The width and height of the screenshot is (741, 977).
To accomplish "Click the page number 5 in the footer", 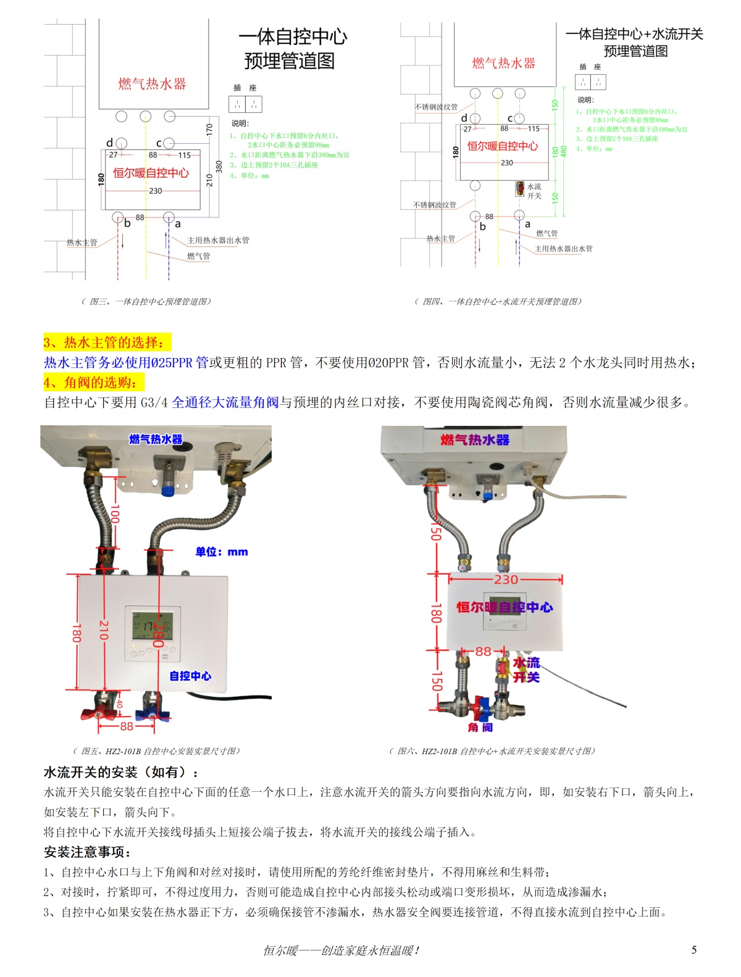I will click(x=694, y=950).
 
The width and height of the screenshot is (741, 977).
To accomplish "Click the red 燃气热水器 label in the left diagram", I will click(x=152, y=84).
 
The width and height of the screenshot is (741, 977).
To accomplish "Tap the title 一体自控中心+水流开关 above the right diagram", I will click(x=634, y=34).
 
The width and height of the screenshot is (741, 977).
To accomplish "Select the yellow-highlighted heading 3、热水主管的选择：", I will click(x=104, y=343).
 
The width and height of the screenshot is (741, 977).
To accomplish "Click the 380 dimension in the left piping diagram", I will click(x=219, y=167).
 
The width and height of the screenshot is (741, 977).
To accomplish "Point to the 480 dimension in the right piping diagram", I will click(x=563, y=151).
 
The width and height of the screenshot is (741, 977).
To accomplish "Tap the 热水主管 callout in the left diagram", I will click(x=82, y=243).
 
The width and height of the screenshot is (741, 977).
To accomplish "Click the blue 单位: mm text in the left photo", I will click(x=222, y=552).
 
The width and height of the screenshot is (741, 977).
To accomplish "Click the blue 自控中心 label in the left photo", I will click(x=190, y=676).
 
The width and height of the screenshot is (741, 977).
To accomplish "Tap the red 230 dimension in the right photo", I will click(x=506, y=580).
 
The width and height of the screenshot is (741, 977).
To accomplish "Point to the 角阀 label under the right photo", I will click(x=480, y=728).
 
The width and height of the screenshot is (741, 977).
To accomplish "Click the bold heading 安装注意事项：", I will click(x=87, y=852).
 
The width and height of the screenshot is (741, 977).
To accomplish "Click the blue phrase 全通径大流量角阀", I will click(x=225, y=402).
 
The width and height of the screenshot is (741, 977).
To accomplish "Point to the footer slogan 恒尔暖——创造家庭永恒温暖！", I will click(x=341, y=950).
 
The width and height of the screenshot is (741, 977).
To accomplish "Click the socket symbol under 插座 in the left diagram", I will click(x=245, y=104).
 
